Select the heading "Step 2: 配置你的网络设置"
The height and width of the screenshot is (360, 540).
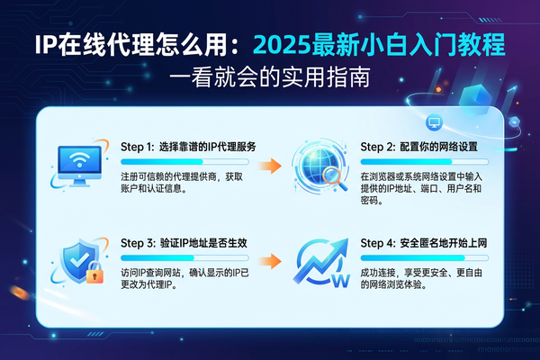418,147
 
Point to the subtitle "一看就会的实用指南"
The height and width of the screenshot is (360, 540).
269,78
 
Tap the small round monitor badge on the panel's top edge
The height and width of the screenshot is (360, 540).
434,121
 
